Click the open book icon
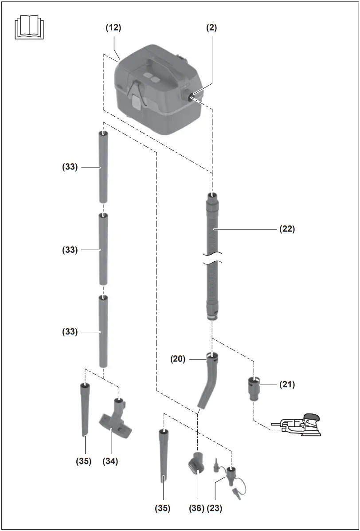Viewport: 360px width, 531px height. click(x=30, y=28)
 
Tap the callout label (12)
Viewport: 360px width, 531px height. click(x=113, y=28)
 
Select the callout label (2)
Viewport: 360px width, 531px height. click(x=211, y=28)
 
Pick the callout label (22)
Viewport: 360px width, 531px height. click(x=287, y=229)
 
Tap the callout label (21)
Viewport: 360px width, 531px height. click(x=287, y=385)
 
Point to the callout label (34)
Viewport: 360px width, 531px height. click(x=110, y=461)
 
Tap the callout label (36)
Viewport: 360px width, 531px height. click(x=197, y=508)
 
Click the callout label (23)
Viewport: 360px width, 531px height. click(x=215, y=508)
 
